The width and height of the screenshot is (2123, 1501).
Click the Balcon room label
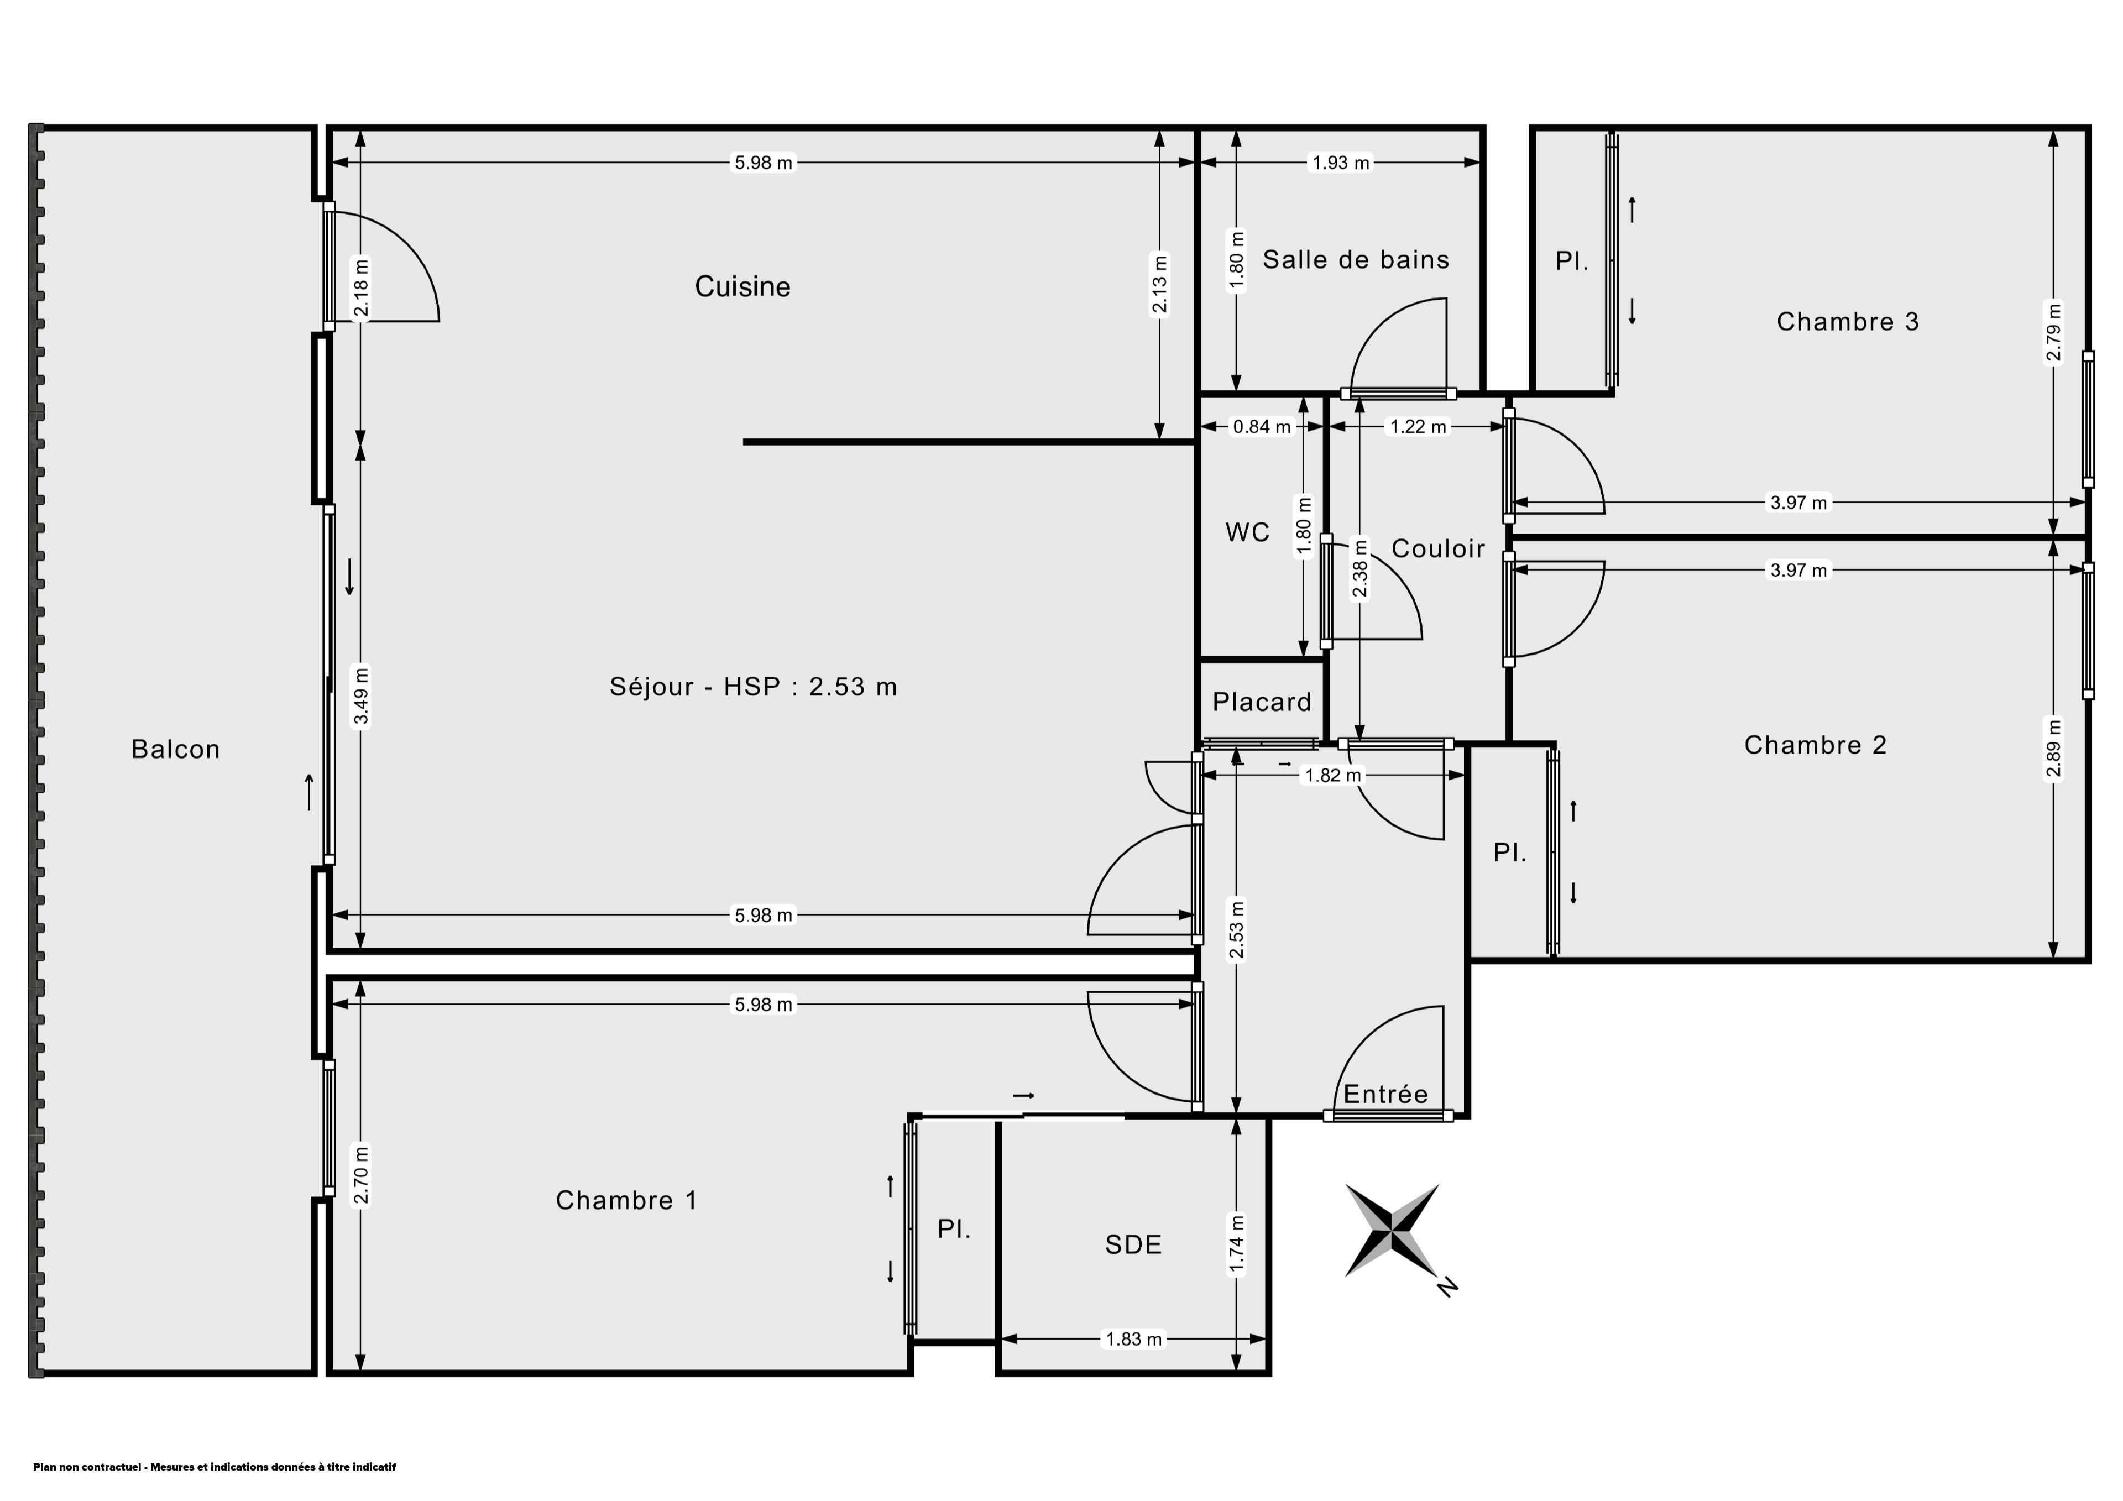point(176,749)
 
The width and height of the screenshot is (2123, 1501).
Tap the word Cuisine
point(742,287)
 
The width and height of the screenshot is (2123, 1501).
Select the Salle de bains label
point(1356,260)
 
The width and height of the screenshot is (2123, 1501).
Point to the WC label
point(1247,533)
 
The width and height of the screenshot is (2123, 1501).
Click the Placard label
point(1261,702)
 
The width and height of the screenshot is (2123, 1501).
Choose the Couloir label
point(1438,548)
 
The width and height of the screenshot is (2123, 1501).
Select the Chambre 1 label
point(626,1200)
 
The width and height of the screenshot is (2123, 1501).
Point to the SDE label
point(1133,1245)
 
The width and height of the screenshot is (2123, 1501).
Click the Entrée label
point(1385,1094)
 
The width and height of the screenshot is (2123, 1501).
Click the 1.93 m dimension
point(1341,163)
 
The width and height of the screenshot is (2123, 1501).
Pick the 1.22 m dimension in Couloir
point(1418,427)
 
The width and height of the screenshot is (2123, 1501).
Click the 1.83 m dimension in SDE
point(1133,1339)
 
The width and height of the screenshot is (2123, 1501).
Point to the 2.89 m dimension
point(2054,750)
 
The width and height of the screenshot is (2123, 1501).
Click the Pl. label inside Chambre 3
point(1572,262)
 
